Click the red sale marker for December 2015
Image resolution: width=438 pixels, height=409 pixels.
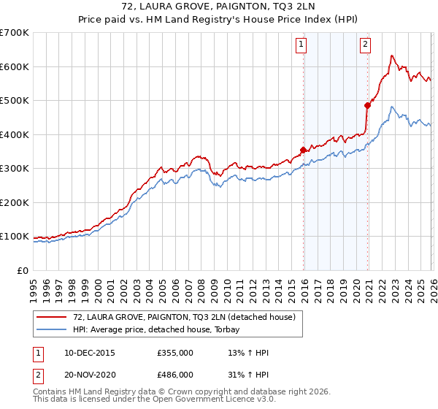pyautogui.click(x=303, y=150)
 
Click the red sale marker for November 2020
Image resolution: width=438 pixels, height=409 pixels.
pyautogui.click(x=367, y=105)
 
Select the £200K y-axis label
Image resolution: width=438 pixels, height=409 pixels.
pyautogui.click(x=15, y=202)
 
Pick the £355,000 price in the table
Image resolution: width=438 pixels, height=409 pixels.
pyautogui.click(x=176, y=353)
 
